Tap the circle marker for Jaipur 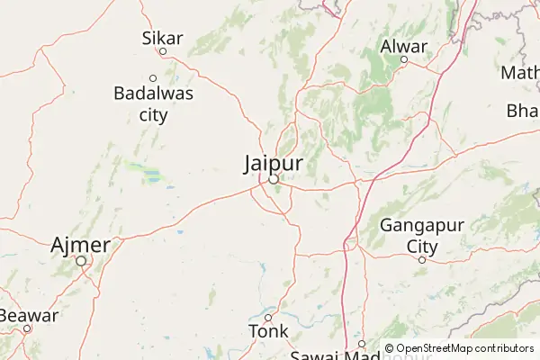(273, 179)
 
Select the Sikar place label (163, 38)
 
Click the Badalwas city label (153, 102)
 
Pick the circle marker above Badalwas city (153, 77)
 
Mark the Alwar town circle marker (404, 60)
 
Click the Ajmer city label (81, 244)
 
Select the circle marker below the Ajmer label (81, 261)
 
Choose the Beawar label (29, 315)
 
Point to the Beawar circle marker (27, 328)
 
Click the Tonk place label (268, 331)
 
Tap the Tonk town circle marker (267, 317)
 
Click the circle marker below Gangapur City (421, 259)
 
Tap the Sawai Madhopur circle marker (361, 344)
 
